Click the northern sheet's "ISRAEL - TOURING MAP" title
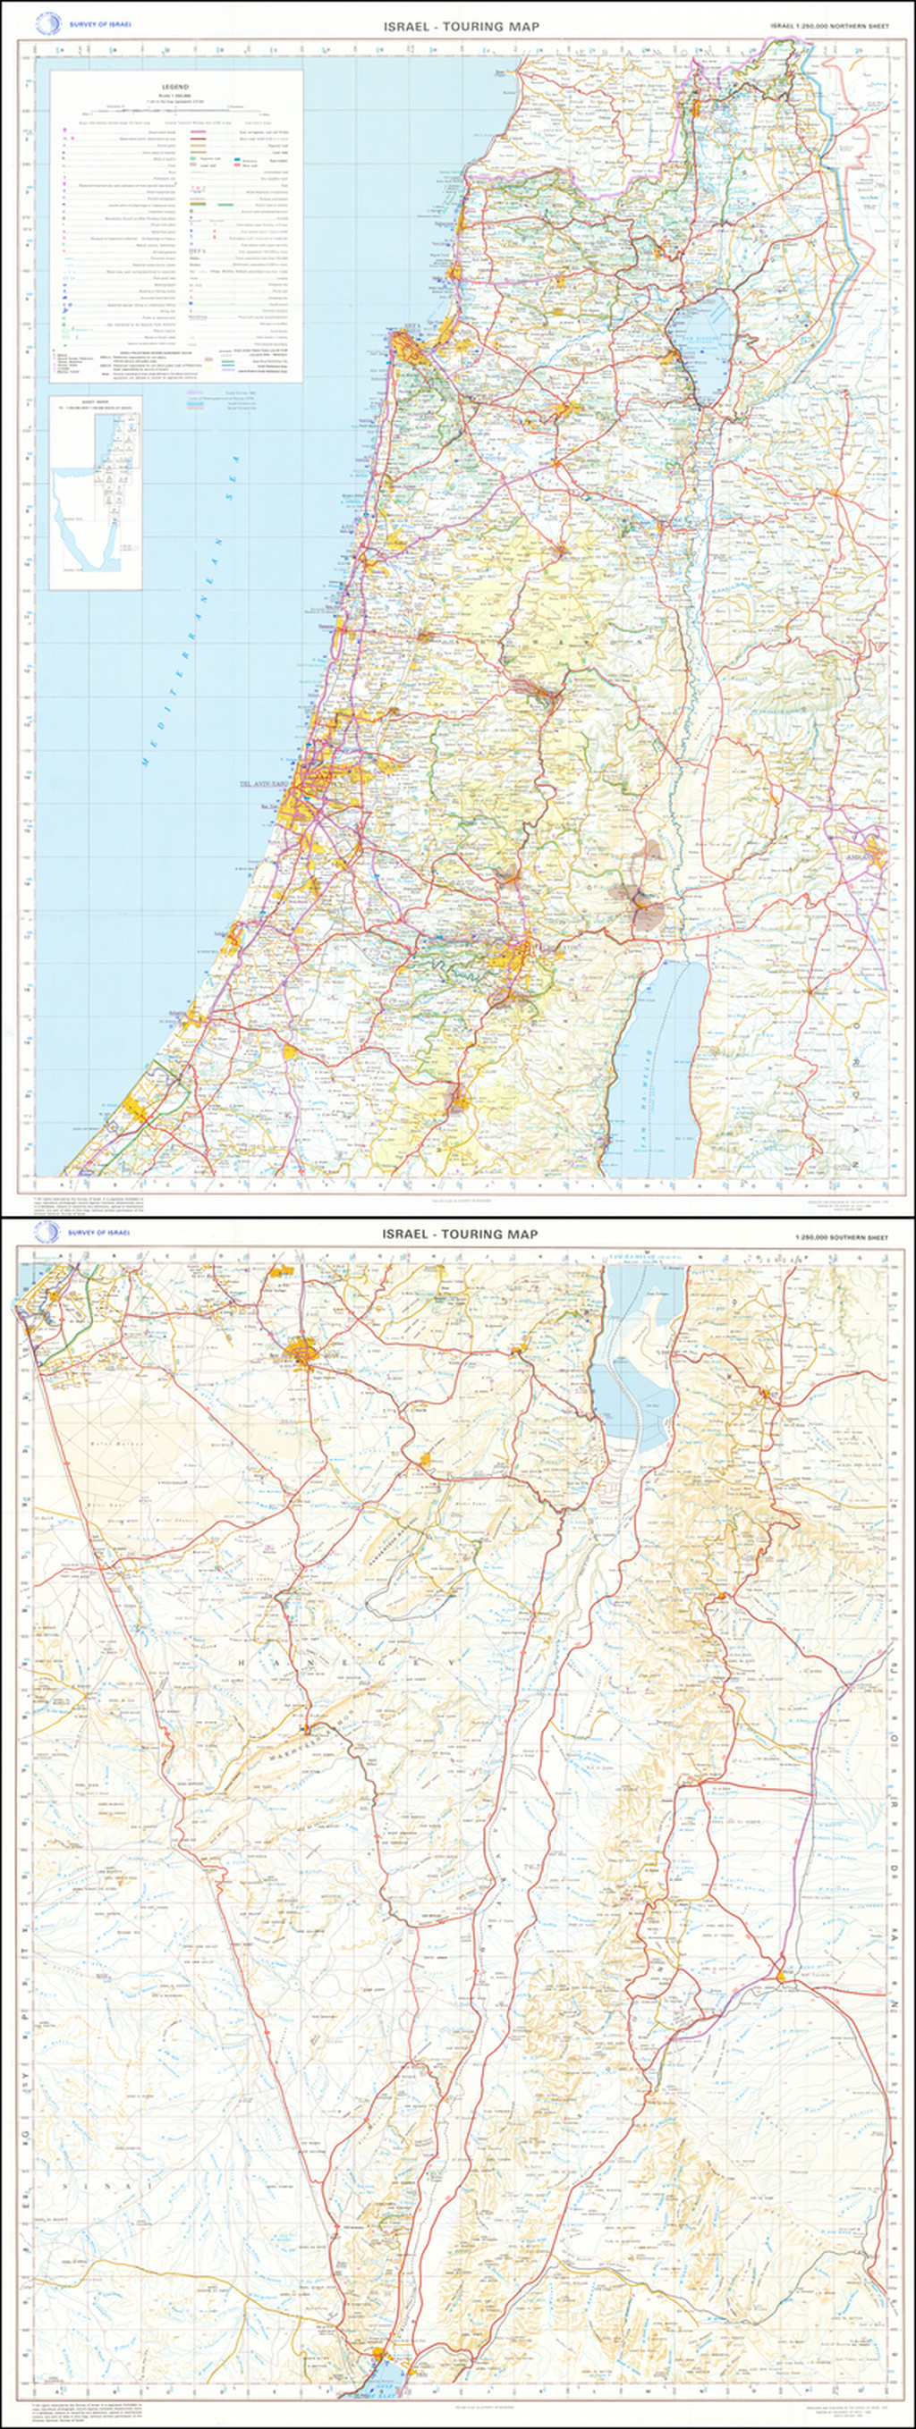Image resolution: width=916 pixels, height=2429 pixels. pyautogui.click(x=462, y=27)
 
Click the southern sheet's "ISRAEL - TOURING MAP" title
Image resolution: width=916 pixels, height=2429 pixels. pyautogui.click(x=462, y=1234)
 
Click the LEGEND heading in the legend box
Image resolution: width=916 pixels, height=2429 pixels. pyautogui.click(x=176, y=86)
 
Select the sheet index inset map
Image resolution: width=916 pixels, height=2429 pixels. pyautogui.click(x=96, y=493)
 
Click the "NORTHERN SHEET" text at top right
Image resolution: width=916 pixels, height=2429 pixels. pyautogui.click(x=830, y=27)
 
